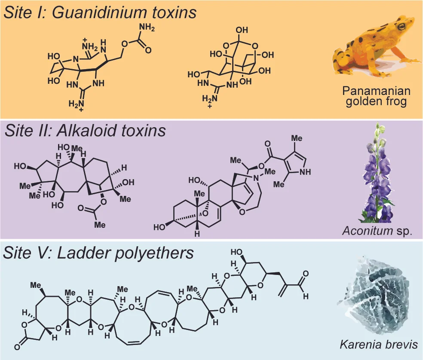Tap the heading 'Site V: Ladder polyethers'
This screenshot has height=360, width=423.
[98, 253]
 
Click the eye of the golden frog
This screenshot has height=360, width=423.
[402, 27]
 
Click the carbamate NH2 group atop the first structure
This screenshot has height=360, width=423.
[146, 29]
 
